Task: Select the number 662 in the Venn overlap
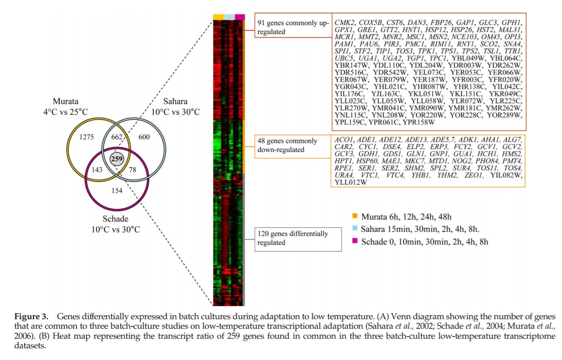[x=117, y=137]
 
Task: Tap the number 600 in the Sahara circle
[x=144, y=137]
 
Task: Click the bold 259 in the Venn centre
[x=116, y=159]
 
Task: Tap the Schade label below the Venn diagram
[x=116, y=219]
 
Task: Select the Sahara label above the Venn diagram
[x=175, y=102]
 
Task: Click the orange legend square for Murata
[x=354, y=216]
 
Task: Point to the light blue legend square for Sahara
[x=354, y=229]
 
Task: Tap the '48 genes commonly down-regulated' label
[x=287, y=145]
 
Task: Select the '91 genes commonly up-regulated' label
[x=293, y=27]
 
